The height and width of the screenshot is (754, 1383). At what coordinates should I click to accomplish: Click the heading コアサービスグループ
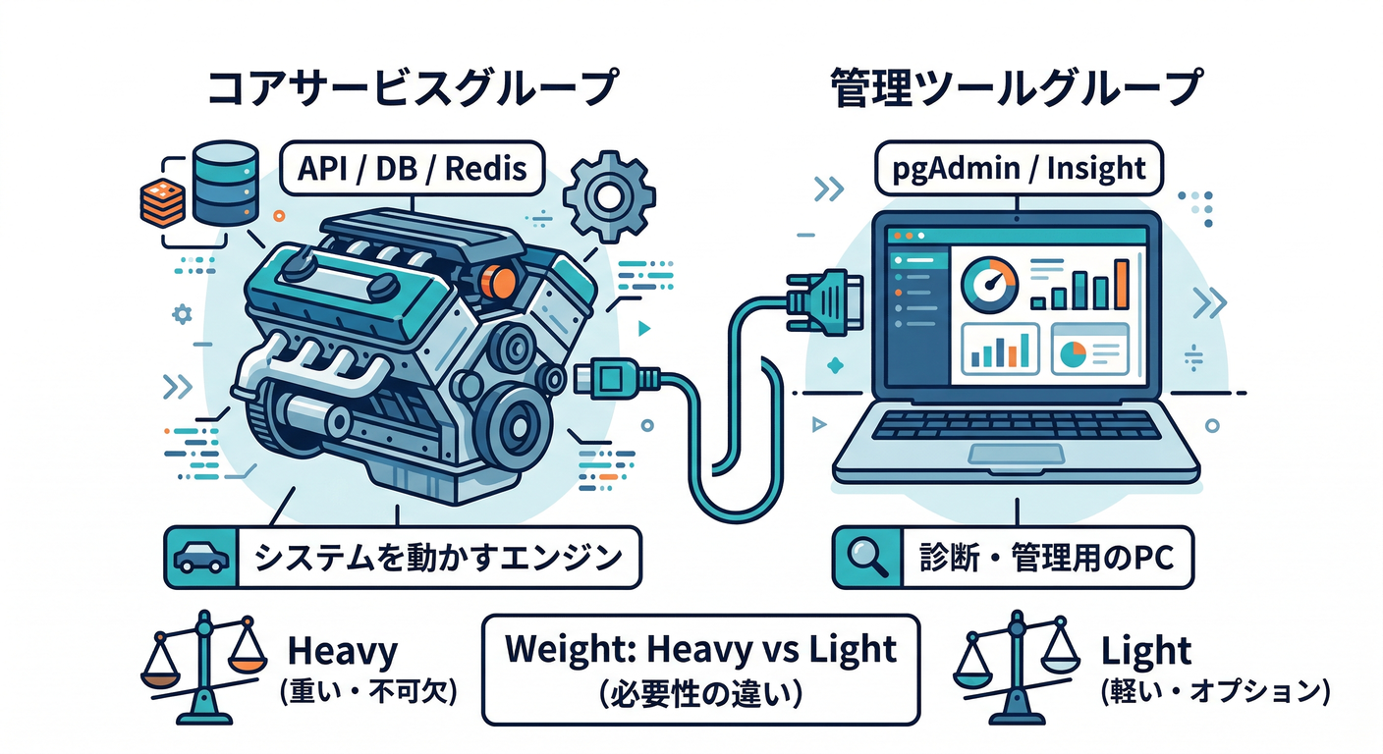tap(412, 89)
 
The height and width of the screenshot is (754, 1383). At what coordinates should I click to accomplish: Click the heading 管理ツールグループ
tap(1016, 89)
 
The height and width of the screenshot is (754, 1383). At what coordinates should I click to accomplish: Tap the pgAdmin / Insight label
tap(1019, 168)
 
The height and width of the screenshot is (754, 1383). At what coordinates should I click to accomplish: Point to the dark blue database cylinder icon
tap(225, 183)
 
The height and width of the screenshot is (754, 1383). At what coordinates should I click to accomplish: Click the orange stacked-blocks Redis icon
tap(165, 196)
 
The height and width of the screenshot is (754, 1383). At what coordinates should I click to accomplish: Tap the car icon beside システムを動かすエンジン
tap(200, 558)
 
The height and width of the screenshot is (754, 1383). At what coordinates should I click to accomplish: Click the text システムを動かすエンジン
tap(438, 558)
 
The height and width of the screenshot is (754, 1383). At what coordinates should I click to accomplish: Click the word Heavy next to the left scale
tap(341, 651)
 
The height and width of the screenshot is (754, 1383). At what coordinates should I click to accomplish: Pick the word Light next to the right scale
tap(1145, 651)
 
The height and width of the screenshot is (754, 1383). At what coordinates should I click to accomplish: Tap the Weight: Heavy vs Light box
tap(701, 668)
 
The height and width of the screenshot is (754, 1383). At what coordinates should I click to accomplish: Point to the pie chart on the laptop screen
tap(1070, 351)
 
